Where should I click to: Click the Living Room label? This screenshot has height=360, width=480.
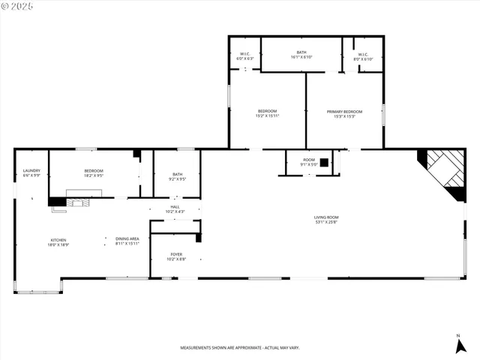[326, 217]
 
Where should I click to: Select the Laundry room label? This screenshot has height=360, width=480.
[31, 171]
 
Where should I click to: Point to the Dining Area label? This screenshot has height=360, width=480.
[127, 238]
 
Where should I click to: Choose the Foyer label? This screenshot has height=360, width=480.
[176, 255]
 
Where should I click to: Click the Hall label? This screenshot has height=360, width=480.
[175, 207]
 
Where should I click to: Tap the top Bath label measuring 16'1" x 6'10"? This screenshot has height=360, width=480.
[301, 52]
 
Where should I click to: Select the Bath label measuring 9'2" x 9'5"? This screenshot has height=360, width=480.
[177, 174]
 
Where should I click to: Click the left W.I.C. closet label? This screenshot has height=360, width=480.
[245, 54]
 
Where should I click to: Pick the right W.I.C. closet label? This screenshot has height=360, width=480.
[363, 54]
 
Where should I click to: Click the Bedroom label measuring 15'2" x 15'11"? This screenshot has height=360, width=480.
[266, 112]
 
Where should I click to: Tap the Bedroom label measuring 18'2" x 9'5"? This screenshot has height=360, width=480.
[94, 171]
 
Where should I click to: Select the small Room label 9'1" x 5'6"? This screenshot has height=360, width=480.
[309, 160]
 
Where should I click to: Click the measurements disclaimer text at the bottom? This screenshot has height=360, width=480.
[240, 348]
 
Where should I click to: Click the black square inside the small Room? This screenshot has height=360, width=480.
[324, 161]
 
